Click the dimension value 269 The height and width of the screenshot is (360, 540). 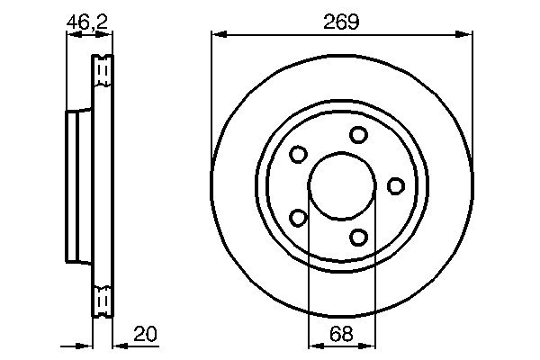coord(343,22)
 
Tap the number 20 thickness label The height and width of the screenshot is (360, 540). coord(145,333)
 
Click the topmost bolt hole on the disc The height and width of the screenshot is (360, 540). coord(359,135)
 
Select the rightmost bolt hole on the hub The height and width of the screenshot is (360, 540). coord(395,185)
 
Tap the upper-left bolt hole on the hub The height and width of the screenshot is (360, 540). coord(298,155)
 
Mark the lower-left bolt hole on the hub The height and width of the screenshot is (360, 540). coord(298,217)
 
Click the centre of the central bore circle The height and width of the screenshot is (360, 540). coord(342,185)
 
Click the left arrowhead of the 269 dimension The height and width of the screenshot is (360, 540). coord(217,35)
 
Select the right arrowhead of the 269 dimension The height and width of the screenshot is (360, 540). coord(467,35)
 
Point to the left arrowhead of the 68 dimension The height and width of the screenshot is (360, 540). coord(314,344)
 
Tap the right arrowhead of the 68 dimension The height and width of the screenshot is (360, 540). coord(369,344)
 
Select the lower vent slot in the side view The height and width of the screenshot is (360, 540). coord(103,300)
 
